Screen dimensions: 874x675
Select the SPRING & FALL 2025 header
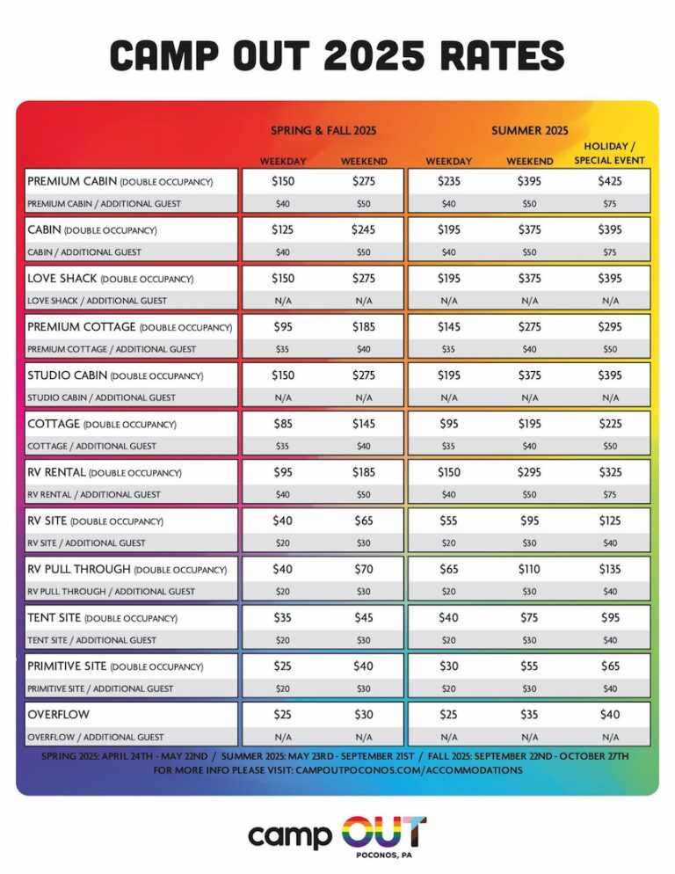click(323, 130)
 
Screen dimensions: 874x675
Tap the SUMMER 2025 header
click(530, 130)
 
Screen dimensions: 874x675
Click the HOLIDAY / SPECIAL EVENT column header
click(610, 153)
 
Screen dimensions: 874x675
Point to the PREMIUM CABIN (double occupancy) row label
click(120, 182)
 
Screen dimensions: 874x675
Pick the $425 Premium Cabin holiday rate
click(610, 182)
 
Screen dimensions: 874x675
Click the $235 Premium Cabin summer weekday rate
click(449, 182)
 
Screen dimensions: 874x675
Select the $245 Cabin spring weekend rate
click(364, 230)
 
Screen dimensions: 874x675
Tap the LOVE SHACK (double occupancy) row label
click(104, 279)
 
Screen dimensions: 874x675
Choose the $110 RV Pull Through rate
click(530, 569)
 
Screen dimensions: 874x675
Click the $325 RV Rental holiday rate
click(610, 472)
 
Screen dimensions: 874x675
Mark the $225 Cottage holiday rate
click(610, 424)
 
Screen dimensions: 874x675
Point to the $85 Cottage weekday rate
click(283, 424)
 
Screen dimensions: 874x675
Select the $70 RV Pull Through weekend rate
click(364, 569)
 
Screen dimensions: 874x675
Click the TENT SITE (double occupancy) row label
click(102, 617)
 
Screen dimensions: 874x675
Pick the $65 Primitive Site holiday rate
click(610, 666)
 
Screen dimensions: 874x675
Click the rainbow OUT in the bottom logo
click(383, 832)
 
